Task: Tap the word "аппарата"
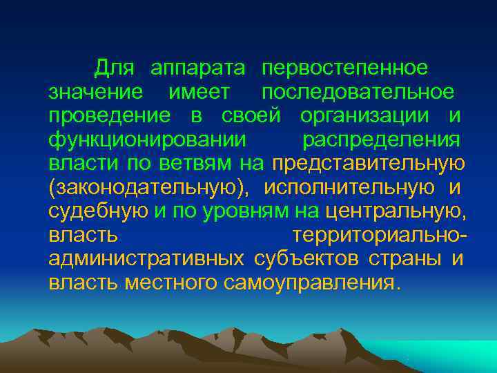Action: (198, 68)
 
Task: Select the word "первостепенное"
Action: (344, 68)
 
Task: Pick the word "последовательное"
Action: (358, 93)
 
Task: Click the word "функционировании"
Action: (147, 140)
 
